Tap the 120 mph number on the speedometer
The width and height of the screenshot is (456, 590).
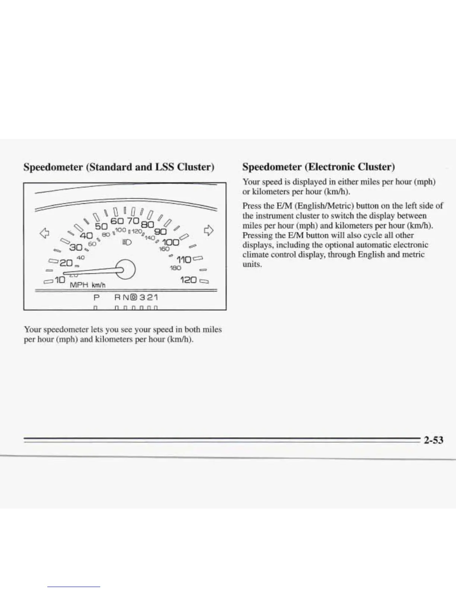(x=188, y=280)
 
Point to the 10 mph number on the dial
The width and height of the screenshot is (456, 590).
(x=59, y=279)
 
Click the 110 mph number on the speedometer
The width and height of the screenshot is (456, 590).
(x=184, y=260)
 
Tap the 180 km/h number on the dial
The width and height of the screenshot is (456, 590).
(x=175, y=268)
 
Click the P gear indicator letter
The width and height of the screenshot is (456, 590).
(x=97, y=298)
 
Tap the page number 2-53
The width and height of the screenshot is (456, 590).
(x=433, y=440)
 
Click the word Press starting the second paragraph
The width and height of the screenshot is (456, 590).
(x=251, y=206)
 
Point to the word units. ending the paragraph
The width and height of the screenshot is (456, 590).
(x=252, y=265)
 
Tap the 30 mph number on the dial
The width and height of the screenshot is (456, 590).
(x=76, y=247)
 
